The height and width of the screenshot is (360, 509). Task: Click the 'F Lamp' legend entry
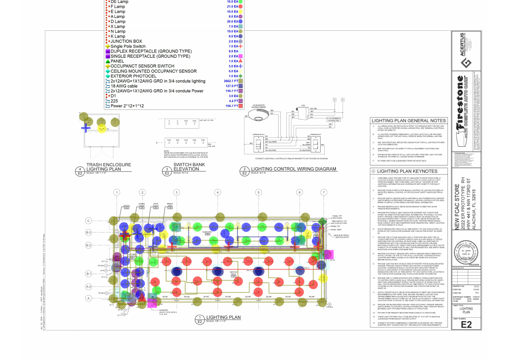click(x=118, y=6)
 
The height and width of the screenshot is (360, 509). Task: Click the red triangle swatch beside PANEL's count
click(x=241, y=61)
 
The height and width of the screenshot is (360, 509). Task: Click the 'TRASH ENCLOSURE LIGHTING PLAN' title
click(x=109, y=167)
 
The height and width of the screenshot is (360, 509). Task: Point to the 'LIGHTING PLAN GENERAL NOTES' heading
click(x=409, y=121)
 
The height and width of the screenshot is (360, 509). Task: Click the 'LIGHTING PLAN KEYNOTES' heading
click(x=406, y=171)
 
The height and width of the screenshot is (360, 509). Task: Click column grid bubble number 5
click(x=259, y=193)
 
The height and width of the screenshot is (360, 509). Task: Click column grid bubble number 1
click(x=116, y=193)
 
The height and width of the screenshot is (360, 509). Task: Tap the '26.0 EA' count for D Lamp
click(x=233, y=21)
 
